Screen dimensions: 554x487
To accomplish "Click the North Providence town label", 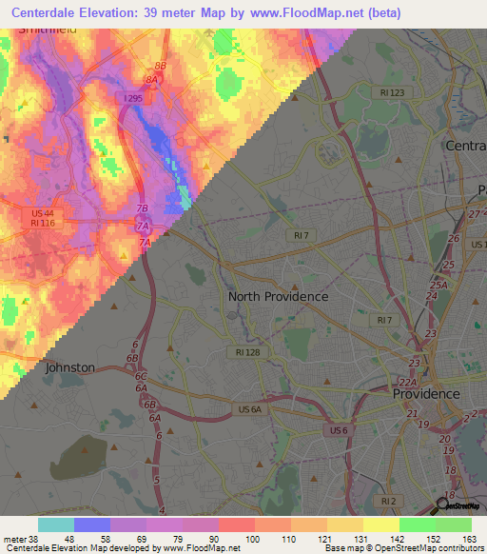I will [x=278, y=296].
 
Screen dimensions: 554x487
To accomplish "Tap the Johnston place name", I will [x=69, y=366].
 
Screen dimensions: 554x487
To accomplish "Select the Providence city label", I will [x=427, y=393].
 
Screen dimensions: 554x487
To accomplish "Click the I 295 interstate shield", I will [x=131, y=98].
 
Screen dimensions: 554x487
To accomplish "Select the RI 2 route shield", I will [x=387, y=500].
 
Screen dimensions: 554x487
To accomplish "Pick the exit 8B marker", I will [x=161, y=66].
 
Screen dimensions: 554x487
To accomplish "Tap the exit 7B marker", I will [x=143, y=208].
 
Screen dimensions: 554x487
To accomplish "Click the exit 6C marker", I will [x=141, y=376].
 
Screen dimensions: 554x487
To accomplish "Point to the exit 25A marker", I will [x=437, y=285].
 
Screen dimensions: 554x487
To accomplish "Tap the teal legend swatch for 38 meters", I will [x=55, y=524].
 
